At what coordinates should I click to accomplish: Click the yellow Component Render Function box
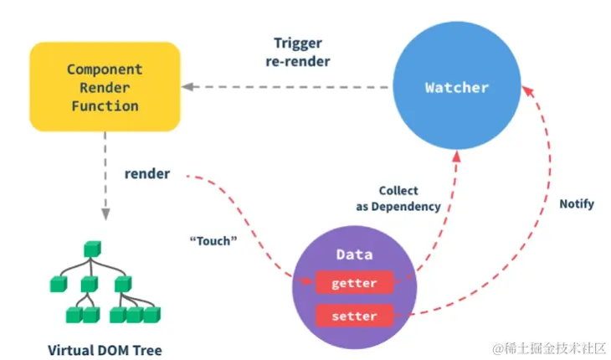[x=104, y=88]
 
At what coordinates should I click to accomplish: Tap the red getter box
[x=354, y=283]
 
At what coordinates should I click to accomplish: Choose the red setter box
[x=354, y=316]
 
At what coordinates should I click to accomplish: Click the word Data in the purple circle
[x=354, y=254]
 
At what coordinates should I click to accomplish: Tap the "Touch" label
[x=214, y=240]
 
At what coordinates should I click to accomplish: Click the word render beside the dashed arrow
[x=147, y=174]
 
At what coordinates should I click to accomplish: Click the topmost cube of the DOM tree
[x=92, y=249]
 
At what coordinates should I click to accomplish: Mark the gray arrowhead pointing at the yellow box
[x=188, y=86]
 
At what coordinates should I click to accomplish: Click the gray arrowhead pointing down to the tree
[x=105, y=213]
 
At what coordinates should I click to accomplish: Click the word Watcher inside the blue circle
[x=456, y=87]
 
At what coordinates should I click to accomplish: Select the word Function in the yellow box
[x=105, y=106]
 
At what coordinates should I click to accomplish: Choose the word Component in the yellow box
[x=105, y=69]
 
